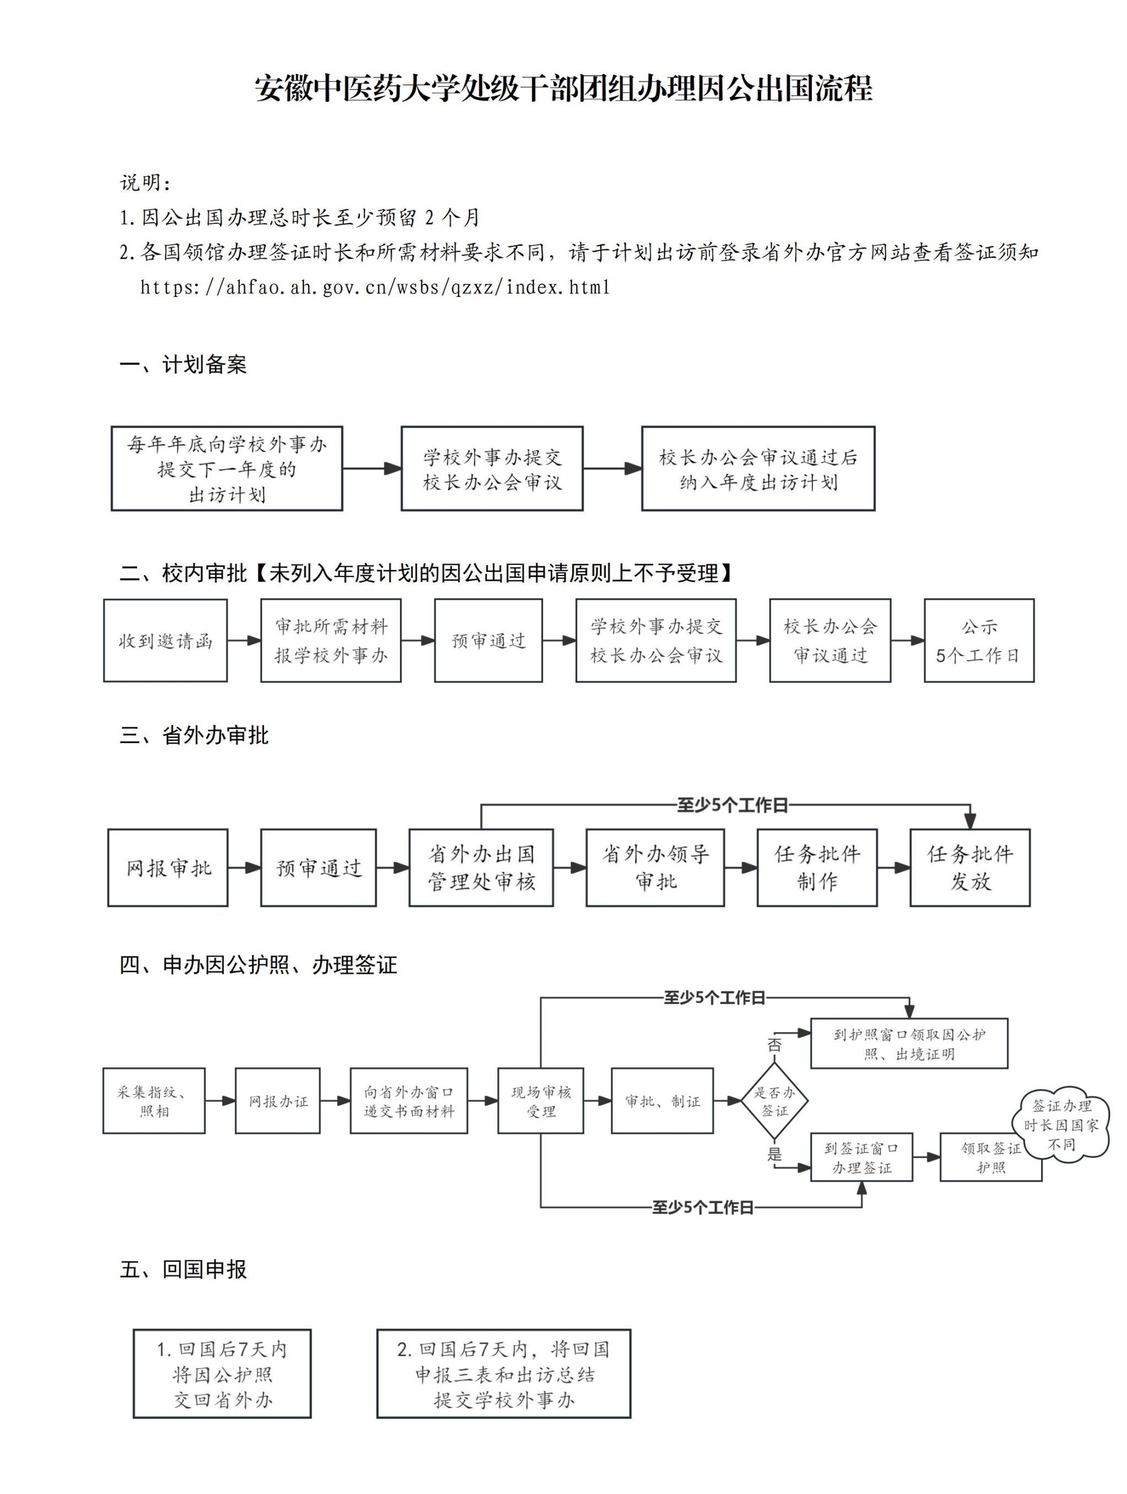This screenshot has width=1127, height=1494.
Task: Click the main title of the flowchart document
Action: [x=563, y=89]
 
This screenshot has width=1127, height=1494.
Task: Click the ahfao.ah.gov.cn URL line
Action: [x=375, y=287]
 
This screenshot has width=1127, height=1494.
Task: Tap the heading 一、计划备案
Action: [x=183, y=365]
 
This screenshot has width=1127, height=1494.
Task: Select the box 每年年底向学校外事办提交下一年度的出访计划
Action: [x=227, y=469]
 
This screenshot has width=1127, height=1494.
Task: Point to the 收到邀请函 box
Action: [x=165, y=640]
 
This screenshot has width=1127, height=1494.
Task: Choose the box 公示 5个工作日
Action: [x=978, y=640]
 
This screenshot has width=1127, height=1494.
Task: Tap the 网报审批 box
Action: [x=167, y=868]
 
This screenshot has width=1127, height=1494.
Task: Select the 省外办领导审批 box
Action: [x=655, y=868]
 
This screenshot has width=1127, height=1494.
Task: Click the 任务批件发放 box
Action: [x=970, y=868]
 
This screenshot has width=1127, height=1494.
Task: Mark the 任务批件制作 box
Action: [x=817, y=868]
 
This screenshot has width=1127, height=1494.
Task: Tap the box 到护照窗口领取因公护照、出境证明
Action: [x=909, y=1044]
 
